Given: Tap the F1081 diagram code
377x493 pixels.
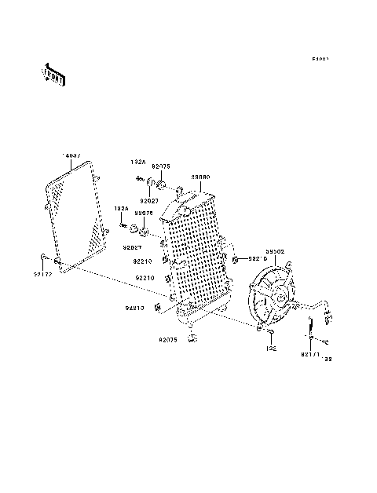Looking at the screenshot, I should coord(320,60).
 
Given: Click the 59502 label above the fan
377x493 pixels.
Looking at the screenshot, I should coord(273,253).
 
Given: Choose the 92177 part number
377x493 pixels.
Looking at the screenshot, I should coord(42,273).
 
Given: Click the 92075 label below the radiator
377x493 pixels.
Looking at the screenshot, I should coord(169,340).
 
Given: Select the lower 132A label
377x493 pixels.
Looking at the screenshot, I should coord(120,209).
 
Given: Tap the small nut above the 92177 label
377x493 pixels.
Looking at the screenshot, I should coord(44,257).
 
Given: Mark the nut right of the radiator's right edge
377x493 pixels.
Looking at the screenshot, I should coord(236,258).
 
